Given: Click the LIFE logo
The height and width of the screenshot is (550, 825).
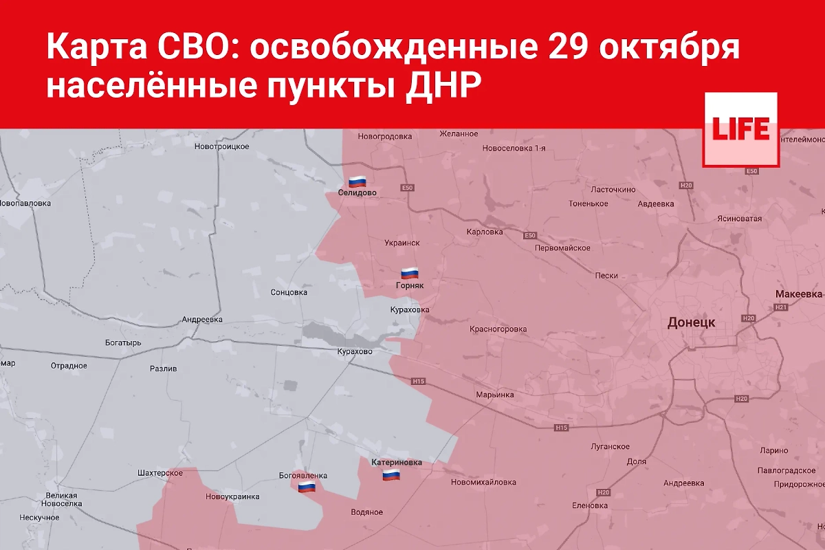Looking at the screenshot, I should (740, 129).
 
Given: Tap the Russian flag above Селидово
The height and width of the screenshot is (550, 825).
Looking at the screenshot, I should (357, 181).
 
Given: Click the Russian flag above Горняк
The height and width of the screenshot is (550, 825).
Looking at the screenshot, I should (410, 272).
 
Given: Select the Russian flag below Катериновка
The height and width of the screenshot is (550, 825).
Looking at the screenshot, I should (391, 475).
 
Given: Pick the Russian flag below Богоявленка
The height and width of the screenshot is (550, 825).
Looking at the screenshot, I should (307, 487).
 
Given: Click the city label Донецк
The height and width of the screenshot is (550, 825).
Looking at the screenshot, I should (691, 322).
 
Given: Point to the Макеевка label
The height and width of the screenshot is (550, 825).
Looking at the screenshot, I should (798, 294).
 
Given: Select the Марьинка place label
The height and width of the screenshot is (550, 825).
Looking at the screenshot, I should (494, 395).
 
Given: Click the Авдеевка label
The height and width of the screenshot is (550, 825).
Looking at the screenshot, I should (655, 203).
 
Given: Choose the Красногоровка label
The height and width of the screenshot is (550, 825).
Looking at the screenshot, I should (498, 329).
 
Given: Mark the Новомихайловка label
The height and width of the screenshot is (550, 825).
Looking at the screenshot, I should (483, 482).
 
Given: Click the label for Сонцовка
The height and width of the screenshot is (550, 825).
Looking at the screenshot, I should (289, 292).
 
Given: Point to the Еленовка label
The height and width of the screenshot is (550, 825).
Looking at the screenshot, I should (589, 505).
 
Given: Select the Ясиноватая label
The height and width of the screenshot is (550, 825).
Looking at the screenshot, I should (738, 219).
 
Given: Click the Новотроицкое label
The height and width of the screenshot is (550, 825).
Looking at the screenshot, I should (221, 146).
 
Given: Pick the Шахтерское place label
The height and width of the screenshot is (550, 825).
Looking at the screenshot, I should (159, 473).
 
